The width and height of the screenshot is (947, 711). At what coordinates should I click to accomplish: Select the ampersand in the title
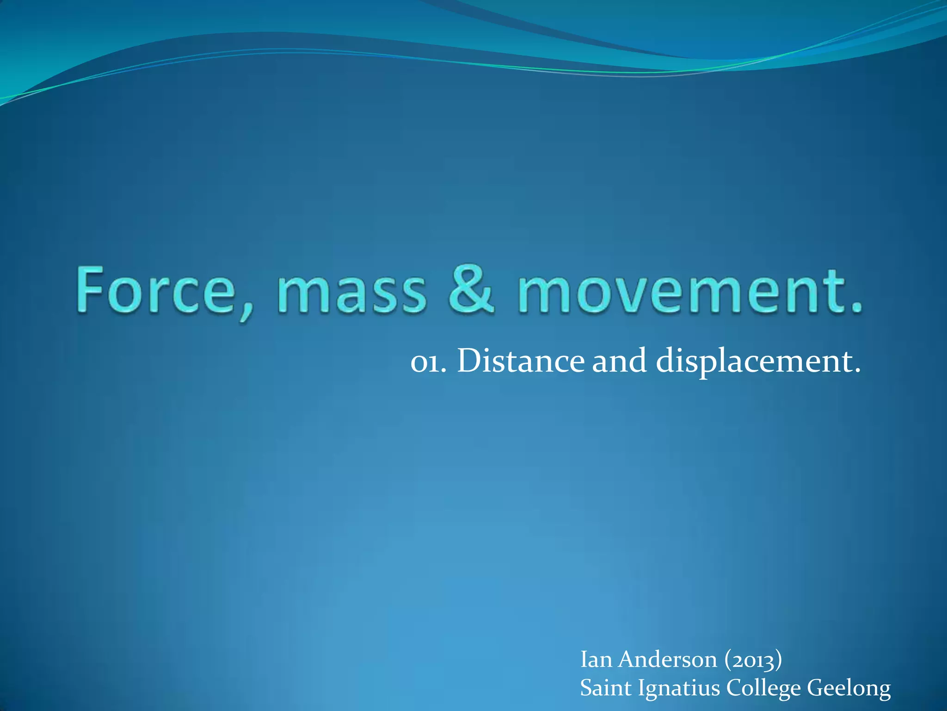pyautogui.click(x=471, y=290)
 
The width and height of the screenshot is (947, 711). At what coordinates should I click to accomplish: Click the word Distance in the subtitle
pyautogui.click(x=521, y=361)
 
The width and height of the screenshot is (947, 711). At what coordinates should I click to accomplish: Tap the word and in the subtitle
pyautogui.click(x=620, y=361)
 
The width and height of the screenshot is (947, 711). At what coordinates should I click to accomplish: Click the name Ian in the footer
pyautogui.click(x=596, y=660)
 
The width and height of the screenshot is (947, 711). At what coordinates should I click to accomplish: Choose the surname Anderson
pyautogui.click(x=668, y=660)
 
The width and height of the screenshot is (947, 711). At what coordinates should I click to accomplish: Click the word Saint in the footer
pyautogui.click(x=605, y=688)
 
